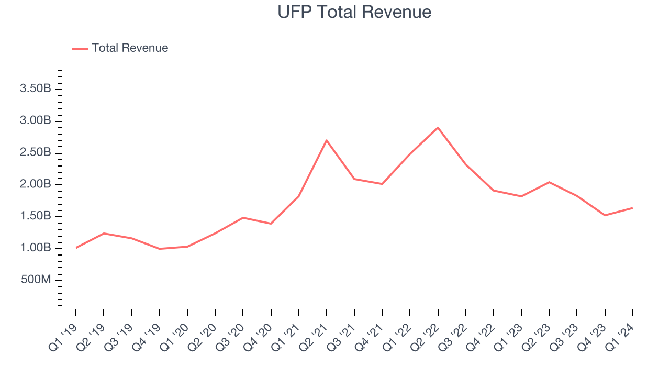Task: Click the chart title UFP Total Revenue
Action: click(x=354, y=12)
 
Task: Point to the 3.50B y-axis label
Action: click(x=35, y=89)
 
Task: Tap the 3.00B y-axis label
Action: click(x=35, y=121)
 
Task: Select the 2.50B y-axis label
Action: click(x=35, y=153)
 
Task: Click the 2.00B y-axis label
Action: click(x=35, y=185)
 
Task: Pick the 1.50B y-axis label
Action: click(x=35, y=216)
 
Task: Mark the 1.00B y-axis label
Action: click(x=35, y=248)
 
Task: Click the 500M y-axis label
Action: click(x=36, y=280)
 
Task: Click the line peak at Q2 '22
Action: click(x=438, y=128)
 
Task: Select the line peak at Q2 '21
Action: click(x=327, y=140)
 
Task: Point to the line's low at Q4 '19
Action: click(x=159, y=249)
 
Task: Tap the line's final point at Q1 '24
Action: click(x=632, y=208)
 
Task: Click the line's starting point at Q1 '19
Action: click(x=76, y=248)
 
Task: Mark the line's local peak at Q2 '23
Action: click(x=549, y=182)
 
